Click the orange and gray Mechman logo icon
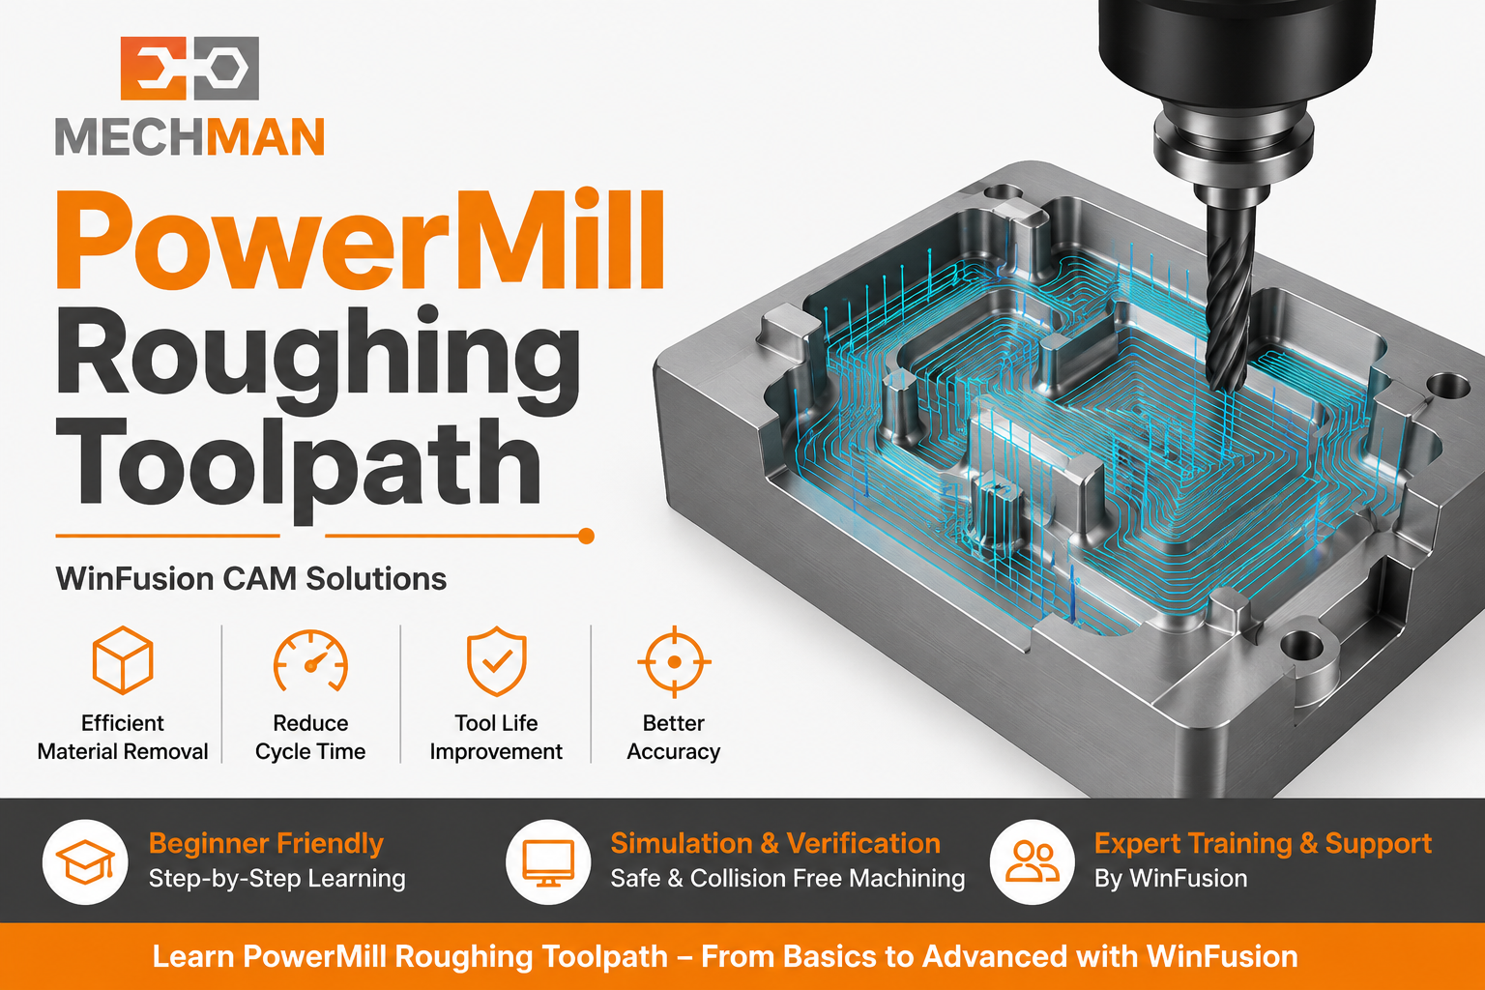189,69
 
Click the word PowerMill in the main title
360,241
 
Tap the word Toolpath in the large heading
298,464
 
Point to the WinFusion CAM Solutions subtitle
251,579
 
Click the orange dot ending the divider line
586,536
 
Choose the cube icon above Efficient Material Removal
123,660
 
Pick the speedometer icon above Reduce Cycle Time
311,661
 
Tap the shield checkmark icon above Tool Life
497,661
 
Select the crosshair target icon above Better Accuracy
674,661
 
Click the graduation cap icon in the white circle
85,862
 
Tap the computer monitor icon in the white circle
548,862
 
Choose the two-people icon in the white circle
1033,861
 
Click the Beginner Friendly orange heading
266,843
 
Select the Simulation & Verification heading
775,843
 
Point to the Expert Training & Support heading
1263,843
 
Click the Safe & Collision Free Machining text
788,878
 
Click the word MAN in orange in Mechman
266,137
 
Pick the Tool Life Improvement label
496,738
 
